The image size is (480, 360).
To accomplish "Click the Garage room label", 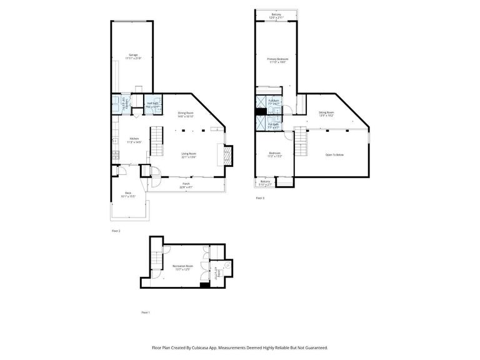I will point(133,56).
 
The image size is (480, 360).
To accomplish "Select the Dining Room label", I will point(186,114).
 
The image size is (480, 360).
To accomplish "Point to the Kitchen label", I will point(134,140).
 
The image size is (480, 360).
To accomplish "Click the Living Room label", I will point(189,156).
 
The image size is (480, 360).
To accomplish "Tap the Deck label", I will point(128,194).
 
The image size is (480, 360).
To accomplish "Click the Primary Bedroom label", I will point(277,60).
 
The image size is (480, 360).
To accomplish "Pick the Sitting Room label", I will point(326,114).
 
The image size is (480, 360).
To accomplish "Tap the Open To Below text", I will point(334,154).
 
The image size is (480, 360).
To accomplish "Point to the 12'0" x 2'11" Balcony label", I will point(276,16).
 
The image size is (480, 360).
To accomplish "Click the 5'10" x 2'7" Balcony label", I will point(265,182).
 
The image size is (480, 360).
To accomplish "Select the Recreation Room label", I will point(182,267).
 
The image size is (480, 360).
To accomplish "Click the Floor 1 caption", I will point(146,312).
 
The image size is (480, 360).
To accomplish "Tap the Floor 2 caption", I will point(116,231).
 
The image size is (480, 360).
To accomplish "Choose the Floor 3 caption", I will point(260,198).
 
